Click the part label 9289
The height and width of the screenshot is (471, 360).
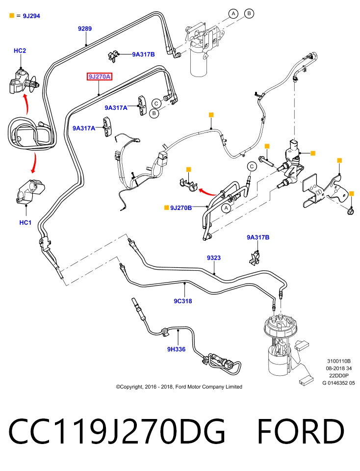coord(85,28)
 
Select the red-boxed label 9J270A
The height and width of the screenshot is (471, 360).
coord(100,77)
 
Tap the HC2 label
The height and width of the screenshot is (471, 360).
coord(20,51)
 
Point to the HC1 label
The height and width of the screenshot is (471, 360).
coord(25,223)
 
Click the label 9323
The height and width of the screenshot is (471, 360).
coord(214,258)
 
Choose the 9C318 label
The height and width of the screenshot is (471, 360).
coord(183,301)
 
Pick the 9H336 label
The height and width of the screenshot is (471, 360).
coord(176,349)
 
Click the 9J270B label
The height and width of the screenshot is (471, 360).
coord(181,208)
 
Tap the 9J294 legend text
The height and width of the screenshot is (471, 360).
coord(31,16)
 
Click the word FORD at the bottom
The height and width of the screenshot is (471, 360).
coord(301,431)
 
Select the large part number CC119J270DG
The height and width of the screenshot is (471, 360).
coord(117,431)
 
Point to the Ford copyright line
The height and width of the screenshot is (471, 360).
coord(179,387)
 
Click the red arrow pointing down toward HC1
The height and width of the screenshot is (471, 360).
coord(34,162)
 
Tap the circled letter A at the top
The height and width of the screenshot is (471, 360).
coord(233,14)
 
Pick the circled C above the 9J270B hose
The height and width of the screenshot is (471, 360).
coord(252,166)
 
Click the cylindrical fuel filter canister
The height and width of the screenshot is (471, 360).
coord(199,62)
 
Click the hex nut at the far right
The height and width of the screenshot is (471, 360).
coord(350,211)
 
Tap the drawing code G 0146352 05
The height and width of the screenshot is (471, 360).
coord(338,383)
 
